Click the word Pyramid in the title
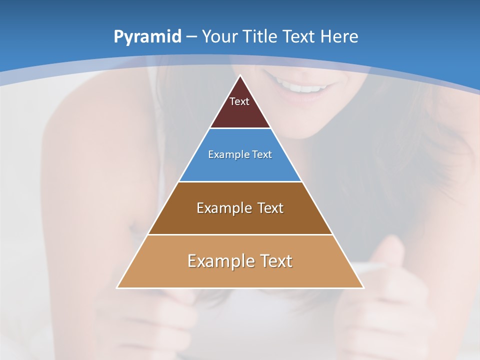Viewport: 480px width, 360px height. pyautogui.click(x=147, y=37)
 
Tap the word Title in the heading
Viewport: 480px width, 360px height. pyautogui.click(x=260, y=36)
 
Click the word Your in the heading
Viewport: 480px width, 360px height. pyautogui.click(x=220, y=36)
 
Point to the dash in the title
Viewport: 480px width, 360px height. pyautogui.click(x=191, y=37)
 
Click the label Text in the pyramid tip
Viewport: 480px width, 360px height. pyautogui.click(x=239, y=101)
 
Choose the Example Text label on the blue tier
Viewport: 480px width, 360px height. pyautogui.click(x=240, y=154)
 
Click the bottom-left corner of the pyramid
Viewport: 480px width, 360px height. pyautogui.click(x=117, y=287)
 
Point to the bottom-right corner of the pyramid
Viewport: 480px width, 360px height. pyautogui.click(x=363, y=287)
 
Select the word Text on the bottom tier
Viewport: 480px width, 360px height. pyautogui.click(x=274, y=261)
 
